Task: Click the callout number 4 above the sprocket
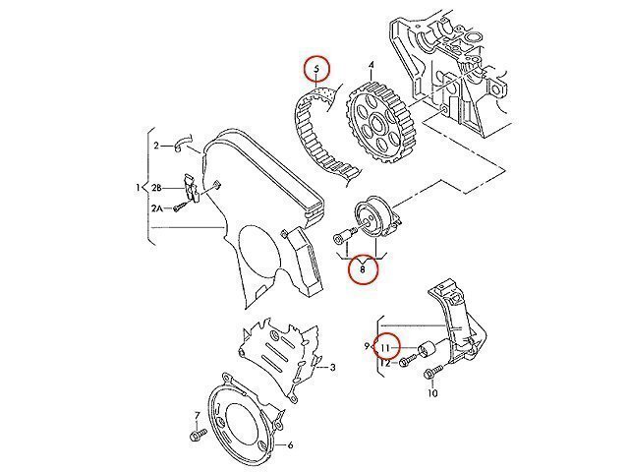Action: click(x=372, y=65)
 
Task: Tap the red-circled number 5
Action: click(x=316, y=69)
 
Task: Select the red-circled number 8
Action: click(x=363, y=269)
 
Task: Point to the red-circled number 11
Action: click(x=385, y=347)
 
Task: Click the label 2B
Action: click(x=156, y=188)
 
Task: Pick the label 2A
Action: click(x=156, y=208)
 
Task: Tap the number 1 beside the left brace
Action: click(x=138, y=188)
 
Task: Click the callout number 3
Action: click(x=332, y=367)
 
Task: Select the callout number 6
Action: click(x=290, y=445)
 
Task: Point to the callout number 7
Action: click(x=197, y=415)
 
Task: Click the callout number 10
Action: click(x=432, y=393)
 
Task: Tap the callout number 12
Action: click(x=385, y=363)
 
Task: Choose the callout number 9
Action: click(x=367, y=346)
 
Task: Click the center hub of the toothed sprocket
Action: click(x=377, y=122)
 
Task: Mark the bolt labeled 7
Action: click(x=199, y=434)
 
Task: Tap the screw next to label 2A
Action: click(x=181, y=207)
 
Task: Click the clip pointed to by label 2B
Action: click(x=191, y=188)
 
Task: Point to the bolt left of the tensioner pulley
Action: click(x=345, y=236)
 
